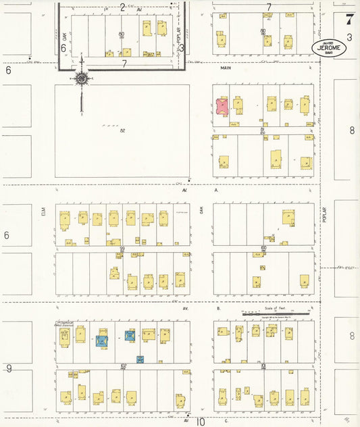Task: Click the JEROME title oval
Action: click(x=330, y=48)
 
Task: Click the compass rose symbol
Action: click(x=82, y=78)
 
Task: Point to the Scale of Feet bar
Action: click(x=276, y=314)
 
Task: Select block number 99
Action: click(x=122, y=249)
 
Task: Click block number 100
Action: click(x=263, y=249)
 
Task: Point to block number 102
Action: click(x=124, y=366)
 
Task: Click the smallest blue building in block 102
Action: click(x=140, y=359)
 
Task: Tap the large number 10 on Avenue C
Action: click(x=201, y=422)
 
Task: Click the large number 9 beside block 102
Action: click(x=9, y=368)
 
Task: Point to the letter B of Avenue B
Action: click(x=218, y=308)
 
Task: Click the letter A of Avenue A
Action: click(x=216, y=191)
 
